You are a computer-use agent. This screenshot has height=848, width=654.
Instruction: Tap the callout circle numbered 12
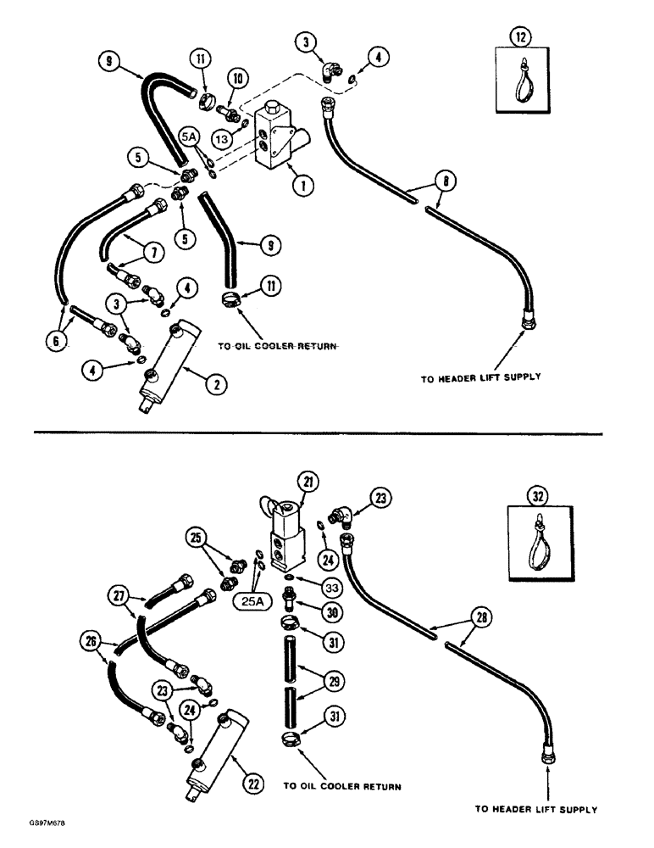(x=517, y=36)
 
